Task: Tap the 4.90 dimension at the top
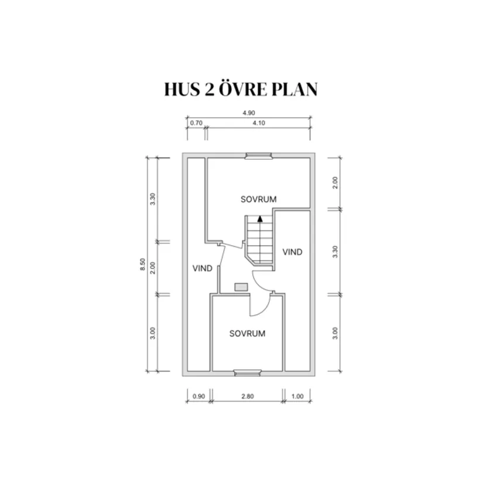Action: (249, 113)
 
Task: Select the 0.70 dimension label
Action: (196, 123)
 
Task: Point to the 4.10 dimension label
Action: (259, 123)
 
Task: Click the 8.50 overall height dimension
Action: (143, 264)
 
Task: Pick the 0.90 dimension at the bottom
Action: (198, 396)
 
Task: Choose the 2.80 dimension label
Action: (248, 396)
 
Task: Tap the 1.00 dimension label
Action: (297, 396)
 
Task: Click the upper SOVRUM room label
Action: (258, 199)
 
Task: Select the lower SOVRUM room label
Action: (247, 334)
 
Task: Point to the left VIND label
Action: (203, 268)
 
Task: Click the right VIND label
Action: (292, 252)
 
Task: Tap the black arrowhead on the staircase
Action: (260, 219)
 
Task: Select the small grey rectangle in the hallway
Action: (241, 287)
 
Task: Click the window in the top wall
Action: (258, 156)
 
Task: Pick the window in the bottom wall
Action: (248, 373)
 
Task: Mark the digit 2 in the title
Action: (209, 90)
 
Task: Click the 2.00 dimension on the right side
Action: (335, 183)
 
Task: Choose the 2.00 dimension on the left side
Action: (153, 268)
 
